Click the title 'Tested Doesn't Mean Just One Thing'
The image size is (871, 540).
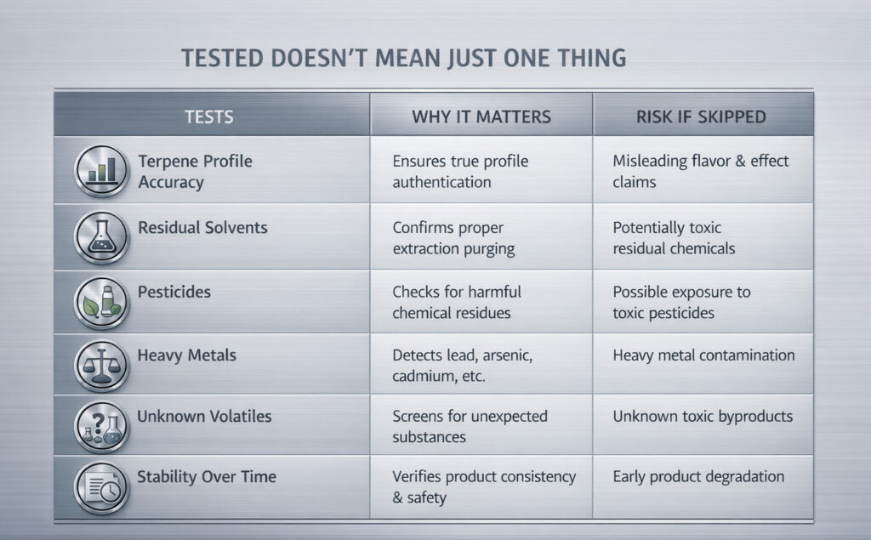click(x=404, y=59)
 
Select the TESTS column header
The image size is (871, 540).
click(x=209, y=117)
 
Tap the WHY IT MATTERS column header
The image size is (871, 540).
click(x=481, y=117)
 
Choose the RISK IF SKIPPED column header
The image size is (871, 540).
click(x=701, y=117)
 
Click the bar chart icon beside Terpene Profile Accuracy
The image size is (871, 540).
click(x=101, y=171)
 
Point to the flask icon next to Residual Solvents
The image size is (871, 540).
click(x=101, y=237)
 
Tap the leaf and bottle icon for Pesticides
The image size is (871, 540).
click(x=101, y=302)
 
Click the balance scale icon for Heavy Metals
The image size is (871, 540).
click(x=101, y=366)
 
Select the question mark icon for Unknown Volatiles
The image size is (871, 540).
click(x=101, y=427)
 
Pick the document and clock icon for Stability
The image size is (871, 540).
click(x=101, y=488)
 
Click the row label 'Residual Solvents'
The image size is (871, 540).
click(x=202, y=228)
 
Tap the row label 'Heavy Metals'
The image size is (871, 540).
click(x=186, y=355)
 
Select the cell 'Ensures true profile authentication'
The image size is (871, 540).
click(x=460, y=172)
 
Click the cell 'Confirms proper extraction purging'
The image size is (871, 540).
click(x=454, y=238)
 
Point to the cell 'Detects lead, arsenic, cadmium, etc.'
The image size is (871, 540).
click(x=463, y=366)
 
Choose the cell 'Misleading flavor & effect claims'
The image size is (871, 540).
click(x=701, y=171)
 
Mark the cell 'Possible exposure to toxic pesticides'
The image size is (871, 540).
click(x=681, y=302)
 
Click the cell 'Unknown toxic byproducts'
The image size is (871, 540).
click(x=703, y=417)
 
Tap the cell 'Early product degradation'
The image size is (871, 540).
click(x=698, y=477)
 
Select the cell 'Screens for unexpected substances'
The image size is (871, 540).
click(x=470, y=427)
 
